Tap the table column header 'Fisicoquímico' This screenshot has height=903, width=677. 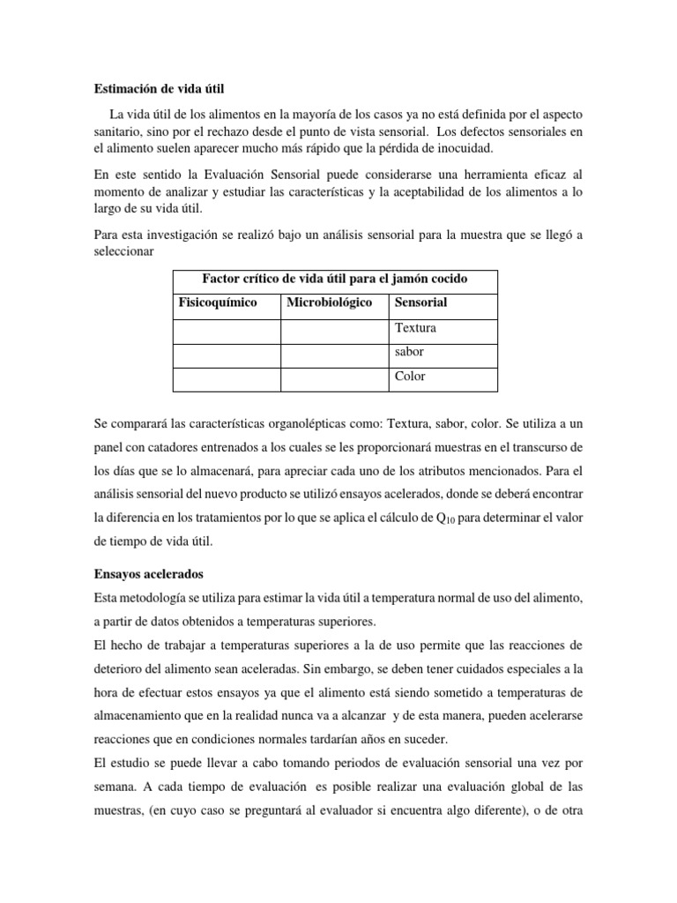point(218,302)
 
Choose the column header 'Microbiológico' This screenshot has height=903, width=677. point(329,302)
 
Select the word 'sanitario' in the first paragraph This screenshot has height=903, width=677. point(123,131)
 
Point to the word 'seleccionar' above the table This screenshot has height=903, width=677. point(124,251)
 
